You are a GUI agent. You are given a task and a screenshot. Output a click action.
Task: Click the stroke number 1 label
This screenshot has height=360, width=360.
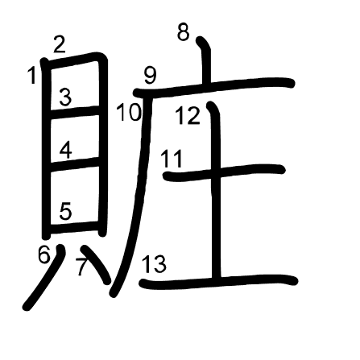click(x=32, y=76)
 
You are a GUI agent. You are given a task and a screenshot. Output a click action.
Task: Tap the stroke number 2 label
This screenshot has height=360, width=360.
click(x=60, y=44)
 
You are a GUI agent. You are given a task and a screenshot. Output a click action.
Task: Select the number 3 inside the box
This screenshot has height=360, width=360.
click(x=65, y=97)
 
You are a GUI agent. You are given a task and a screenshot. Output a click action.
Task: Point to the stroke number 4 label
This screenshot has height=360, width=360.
click(x=65, y=151)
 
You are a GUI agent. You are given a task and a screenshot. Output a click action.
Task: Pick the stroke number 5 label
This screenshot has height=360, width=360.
click(x=65, y=211)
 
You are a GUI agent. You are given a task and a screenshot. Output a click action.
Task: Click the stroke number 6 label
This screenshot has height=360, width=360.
click(x=44, y=254)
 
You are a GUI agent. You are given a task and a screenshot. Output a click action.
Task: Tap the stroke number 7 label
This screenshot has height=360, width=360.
click(x=81, y=267)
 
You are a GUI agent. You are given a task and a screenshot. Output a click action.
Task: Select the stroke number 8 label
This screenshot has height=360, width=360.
click(x=184, y=32)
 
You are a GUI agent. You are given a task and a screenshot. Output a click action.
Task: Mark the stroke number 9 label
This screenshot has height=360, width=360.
click(x=150, y=76)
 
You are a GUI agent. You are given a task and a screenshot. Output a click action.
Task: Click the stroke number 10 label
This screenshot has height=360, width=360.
click(x=129, y=113)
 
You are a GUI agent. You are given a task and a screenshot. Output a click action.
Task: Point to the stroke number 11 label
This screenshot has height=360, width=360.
click(x=172, y=159)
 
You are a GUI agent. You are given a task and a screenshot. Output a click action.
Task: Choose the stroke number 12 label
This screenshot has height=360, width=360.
click(x=188, y=116)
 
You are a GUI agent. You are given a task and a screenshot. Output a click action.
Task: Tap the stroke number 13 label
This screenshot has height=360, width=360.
click(x=154, y=264)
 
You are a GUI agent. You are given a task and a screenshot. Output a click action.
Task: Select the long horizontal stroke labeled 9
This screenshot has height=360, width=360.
click(x=214, y=86)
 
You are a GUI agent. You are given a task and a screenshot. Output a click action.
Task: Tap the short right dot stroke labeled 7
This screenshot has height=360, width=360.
click(x=96, y=264)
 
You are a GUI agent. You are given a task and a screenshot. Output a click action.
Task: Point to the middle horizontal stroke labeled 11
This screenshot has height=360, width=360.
click(x=224, y=172)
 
